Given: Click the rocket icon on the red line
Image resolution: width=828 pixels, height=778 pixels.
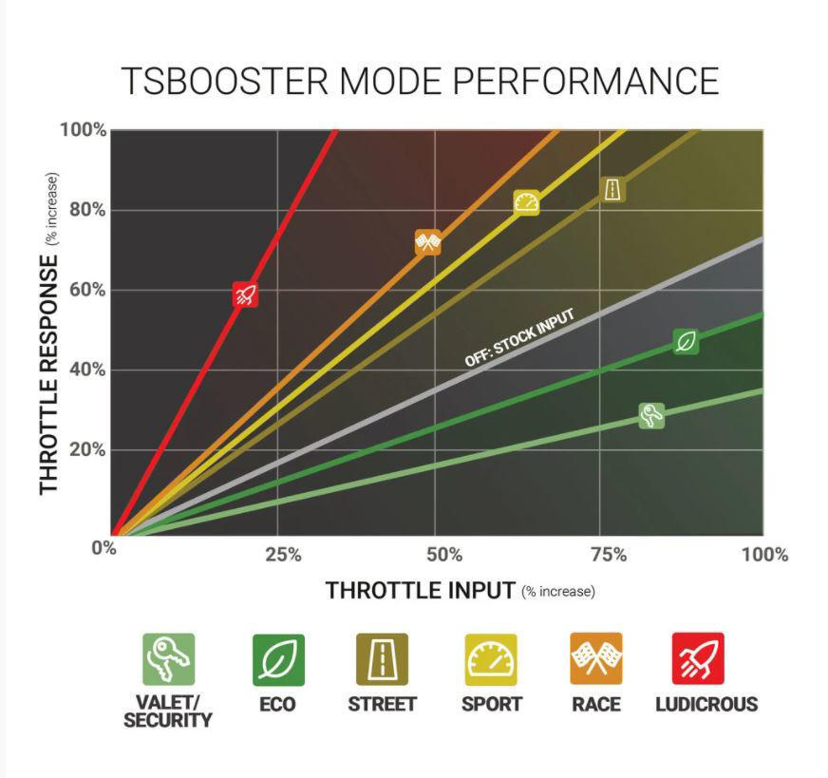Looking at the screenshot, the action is pos(246,294).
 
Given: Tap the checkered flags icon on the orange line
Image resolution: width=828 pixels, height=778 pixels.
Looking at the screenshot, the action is pos(428,242).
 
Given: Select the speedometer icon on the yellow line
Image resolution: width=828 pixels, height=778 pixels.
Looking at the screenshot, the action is pos(526,203).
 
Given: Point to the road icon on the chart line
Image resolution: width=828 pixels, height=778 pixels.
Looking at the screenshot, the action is pos(613,189).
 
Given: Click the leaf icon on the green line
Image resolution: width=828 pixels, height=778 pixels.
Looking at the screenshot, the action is pos(686,342).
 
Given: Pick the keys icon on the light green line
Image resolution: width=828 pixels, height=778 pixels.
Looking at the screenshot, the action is pos(651,416).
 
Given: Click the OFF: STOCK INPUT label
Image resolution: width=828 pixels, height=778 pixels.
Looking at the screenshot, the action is pos(519,338).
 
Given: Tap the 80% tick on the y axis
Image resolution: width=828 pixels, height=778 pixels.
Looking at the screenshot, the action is pos(87,210).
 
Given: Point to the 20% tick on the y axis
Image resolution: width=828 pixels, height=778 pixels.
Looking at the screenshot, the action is pos(87,450).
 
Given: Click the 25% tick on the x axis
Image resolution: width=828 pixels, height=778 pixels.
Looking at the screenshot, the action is pos(284,555).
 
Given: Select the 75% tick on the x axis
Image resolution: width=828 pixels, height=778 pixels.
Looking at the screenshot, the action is pos(609,555).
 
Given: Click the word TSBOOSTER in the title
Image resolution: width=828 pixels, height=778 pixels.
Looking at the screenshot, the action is pos(224,81).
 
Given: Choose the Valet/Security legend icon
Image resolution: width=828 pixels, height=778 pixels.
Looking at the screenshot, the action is pos(169,659).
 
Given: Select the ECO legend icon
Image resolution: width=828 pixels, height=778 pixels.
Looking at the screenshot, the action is pos(278,659).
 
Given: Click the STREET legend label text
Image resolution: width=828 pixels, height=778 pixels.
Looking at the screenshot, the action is pos(383,704).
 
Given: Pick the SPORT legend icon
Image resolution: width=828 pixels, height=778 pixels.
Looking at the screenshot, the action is pos(491,659).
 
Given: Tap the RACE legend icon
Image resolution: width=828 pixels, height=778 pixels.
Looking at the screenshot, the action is pos(596,658).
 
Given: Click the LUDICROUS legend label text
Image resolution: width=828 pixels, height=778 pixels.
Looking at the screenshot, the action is pos(706,704).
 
